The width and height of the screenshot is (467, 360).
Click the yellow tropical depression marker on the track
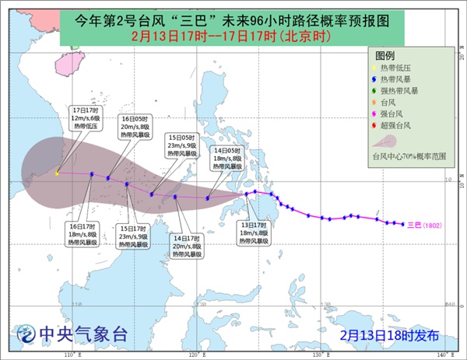coord(57,173)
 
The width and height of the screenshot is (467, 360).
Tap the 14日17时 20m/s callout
coord(187,246)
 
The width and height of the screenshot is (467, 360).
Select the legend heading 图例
coord(384,57)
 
